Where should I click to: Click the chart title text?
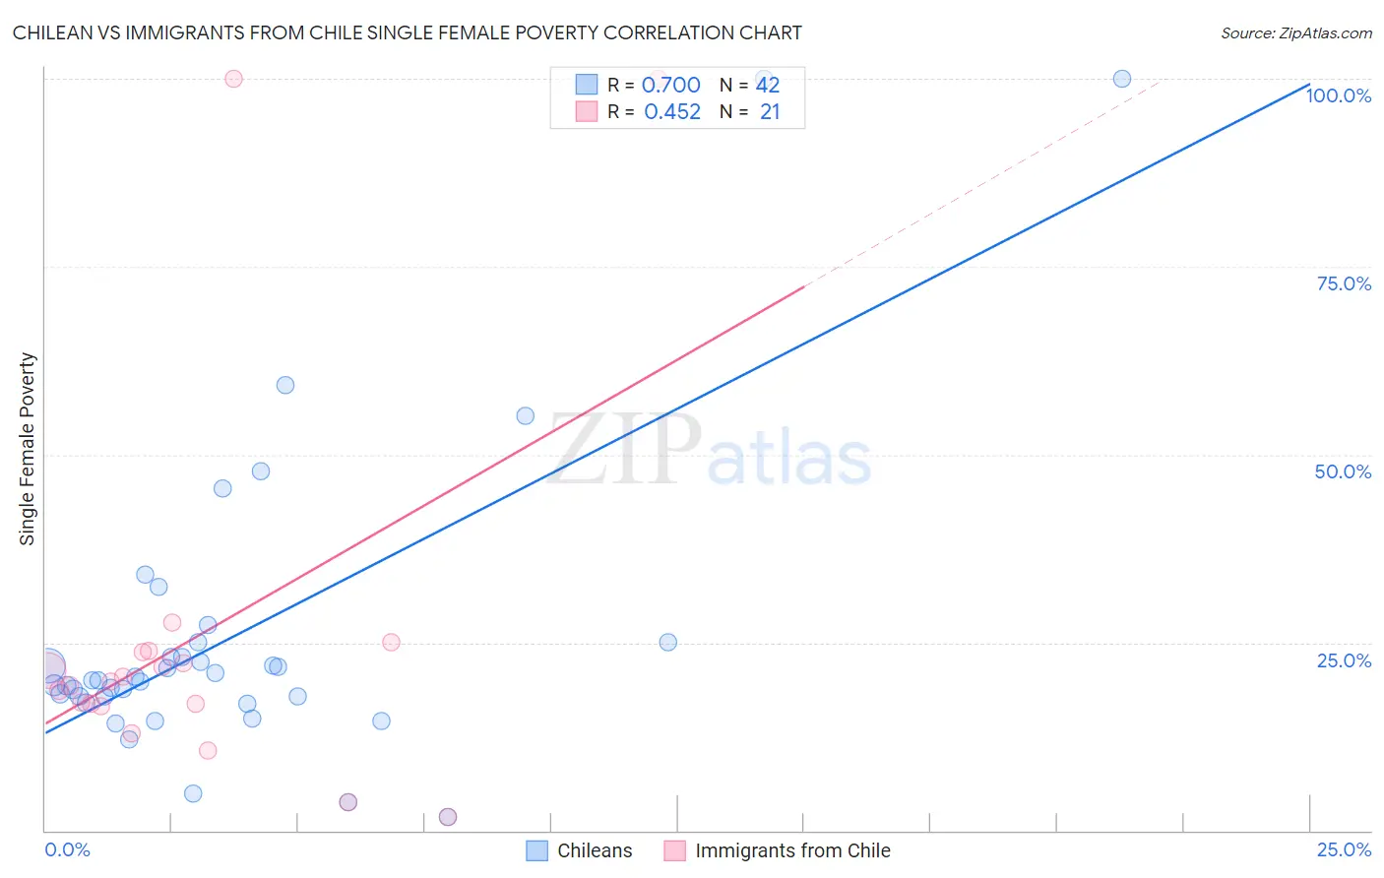pos(408,32)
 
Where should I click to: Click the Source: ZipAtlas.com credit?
pos(1295,32)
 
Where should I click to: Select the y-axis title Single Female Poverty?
pos(28,449)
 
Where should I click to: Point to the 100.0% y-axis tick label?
pos(1338,95)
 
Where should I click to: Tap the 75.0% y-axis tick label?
pos(1344,283)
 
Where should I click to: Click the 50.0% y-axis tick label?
pos(1343,471)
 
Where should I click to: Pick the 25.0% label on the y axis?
pos(1344,660)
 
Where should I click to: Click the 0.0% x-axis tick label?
pos(67,849)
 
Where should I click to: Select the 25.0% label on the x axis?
pos(1344,849)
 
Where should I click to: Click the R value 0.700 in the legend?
pos(670,86)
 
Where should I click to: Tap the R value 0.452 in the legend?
pos(672,112)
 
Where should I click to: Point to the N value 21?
pos(770,112)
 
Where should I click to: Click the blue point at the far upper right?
pos(1122,79)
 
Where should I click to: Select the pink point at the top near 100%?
pos(233,79)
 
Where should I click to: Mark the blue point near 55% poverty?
pos(526,416)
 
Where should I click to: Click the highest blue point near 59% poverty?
pos(285,385)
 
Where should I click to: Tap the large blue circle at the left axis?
pos(47,667)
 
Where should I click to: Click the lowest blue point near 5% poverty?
pos(193,793)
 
